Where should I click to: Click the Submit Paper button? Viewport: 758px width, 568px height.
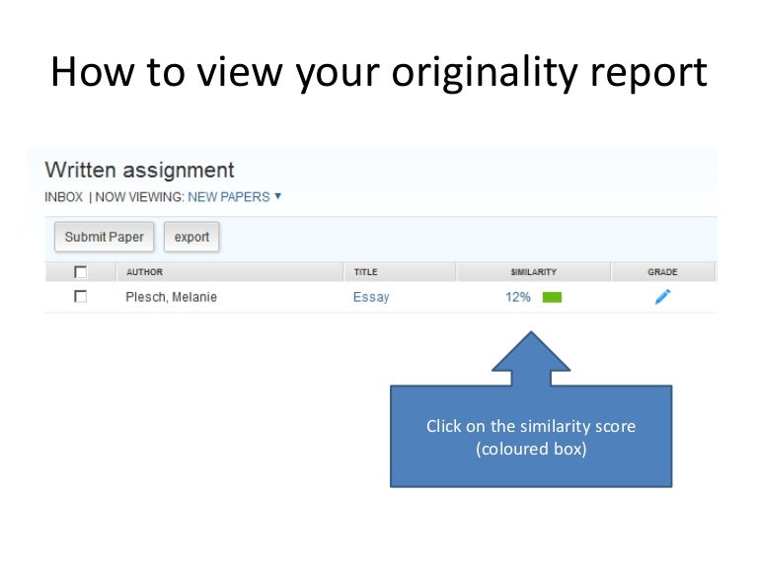tap(104, 237)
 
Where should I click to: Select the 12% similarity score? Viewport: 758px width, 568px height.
tap(518, 297)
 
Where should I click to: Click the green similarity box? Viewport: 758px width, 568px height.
tap(552, 297)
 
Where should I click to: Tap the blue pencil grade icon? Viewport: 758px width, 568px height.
tap(662, 297)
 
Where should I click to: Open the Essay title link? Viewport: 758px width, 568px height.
tap(371, 297)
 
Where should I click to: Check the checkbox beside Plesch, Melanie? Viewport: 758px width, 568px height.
tap(81, 296)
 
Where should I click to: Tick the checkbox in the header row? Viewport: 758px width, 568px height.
tap(81, 272)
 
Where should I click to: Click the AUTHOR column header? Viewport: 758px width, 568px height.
tap(144, 272)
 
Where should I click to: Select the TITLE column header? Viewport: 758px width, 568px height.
tap(365, 272)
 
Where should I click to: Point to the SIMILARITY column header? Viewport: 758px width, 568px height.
tap(533, 272)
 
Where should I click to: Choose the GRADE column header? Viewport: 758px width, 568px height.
tap(662, 272)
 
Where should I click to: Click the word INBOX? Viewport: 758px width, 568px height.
tap(64, 196)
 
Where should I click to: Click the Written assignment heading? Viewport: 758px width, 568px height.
tap(139, 170)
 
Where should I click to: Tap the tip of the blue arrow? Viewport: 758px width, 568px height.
tap(531, 333)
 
